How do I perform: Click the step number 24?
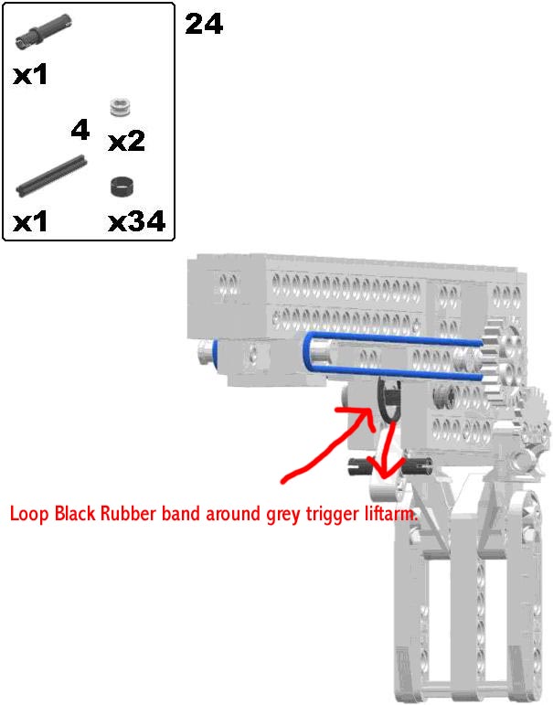[x=204, y=24]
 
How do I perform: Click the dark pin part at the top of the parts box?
[x=44, y=30]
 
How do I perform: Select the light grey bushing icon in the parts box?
[x=121, y=108]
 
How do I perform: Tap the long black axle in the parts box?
[x=52, y=176]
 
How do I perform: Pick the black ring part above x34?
[x=122, y=187]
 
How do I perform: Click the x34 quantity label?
[x=137, y=221]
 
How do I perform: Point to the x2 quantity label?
[x=127, y=141]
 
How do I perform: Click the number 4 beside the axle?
[x=80, y=130]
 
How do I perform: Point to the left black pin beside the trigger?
[x=360, y=466]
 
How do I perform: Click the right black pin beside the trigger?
[x=417, y=465]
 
